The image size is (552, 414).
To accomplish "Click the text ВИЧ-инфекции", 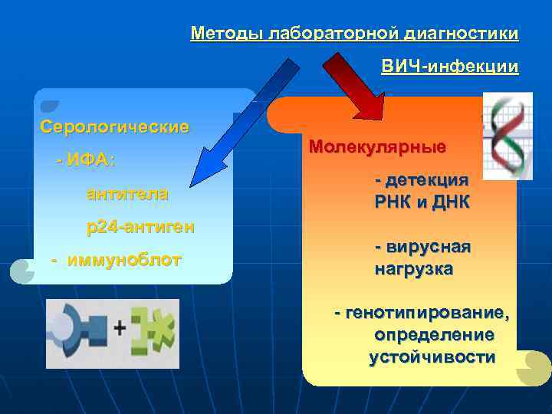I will tap(449, 67).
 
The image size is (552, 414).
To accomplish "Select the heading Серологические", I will tap(114, 127).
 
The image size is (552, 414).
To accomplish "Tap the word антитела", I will tap(127, 194).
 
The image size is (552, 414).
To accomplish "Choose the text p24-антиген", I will tap(140, 227).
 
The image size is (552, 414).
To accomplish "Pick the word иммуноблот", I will tap(124, 260).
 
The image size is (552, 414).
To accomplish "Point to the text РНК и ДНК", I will tap(422, 202).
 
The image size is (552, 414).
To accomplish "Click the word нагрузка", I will tap(414, 269).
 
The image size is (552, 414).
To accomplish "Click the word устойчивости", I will tap(432, 357).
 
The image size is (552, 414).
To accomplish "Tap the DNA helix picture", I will tap(508, 136).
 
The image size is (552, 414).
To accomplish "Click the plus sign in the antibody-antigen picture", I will tap(119, 329).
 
